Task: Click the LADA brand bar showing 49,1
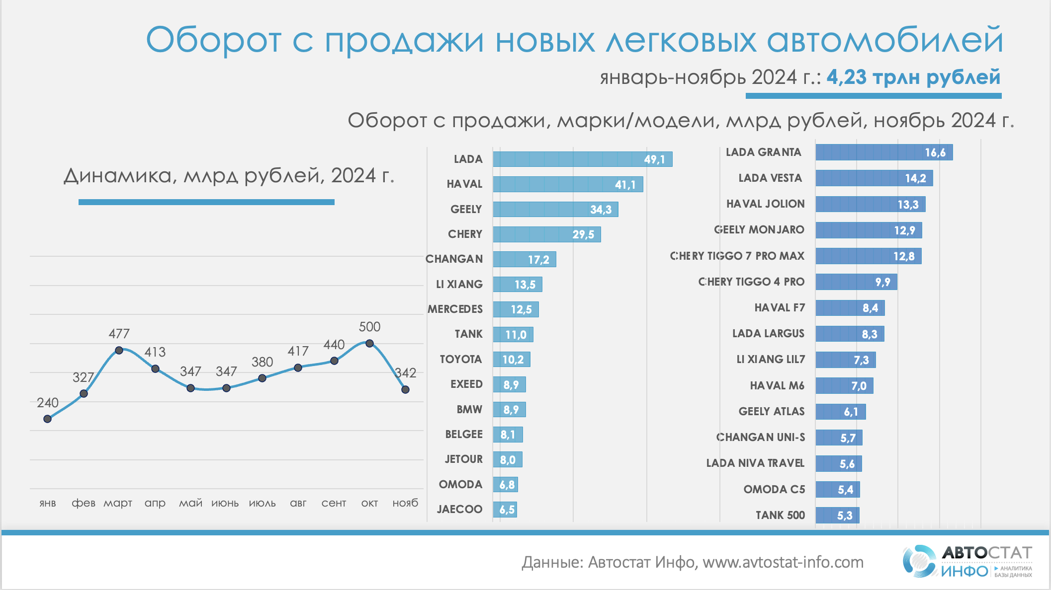click(x=582, y=159)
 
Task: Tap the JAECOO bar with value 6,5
click(x=505, y=510)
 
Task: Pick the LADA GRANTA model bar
click(x=884, y=152)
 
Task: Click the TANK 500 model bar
click(x=837, y=516)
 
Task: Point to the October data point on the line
click(x=369, y=343)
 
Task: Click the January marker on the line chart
click(x=48, y=419)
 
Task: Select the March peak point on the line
click(x=119, y=350)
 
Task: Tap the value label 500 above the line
click(x=369, y=327)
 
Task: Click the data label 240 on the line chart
click(x=48, y=403)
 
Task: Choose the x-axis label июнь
click(x=225, y=503)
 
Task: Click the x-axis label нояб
click(x=405, y=503)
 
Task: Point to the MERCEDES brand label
click(x=455, y=309)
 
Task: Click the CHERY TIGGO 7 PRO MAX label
click(x=737, y=256)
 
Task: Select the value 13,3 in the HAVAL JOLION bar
click(x=908, y=205)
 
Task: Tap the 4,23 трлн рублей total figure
click(x=913, y=77)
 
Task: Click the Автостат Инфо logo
click(x=967, y=561)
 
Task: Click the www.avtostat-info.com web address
click(x=783, y=562)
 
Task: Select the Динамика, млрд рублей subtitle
click(x=229, y=176)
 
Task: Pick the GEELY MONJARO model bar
click(x=869, y=230)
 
